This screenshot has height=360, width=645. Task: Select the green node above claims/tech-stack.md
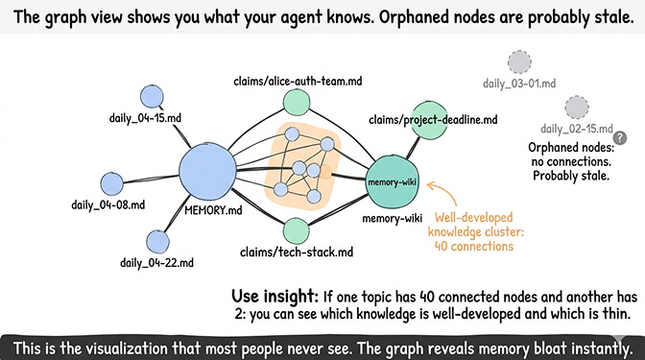[297, 230]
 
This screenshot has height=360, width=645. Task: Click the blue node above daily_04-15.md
[152, 96]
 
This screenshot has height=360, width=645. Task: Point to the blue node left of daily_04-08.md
[111, 183]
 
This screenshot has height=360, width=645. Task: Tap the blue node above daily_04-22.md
[157, 242]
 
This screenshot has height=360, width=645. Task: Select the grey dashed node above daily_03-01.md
[519, 63]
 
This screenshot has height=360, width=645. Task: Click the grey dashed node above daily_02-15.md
[577, 107]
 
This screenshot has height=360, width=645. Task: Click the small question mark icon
[619, 138]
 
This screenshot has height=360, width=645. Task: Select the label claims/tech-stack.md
[296, 252]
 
